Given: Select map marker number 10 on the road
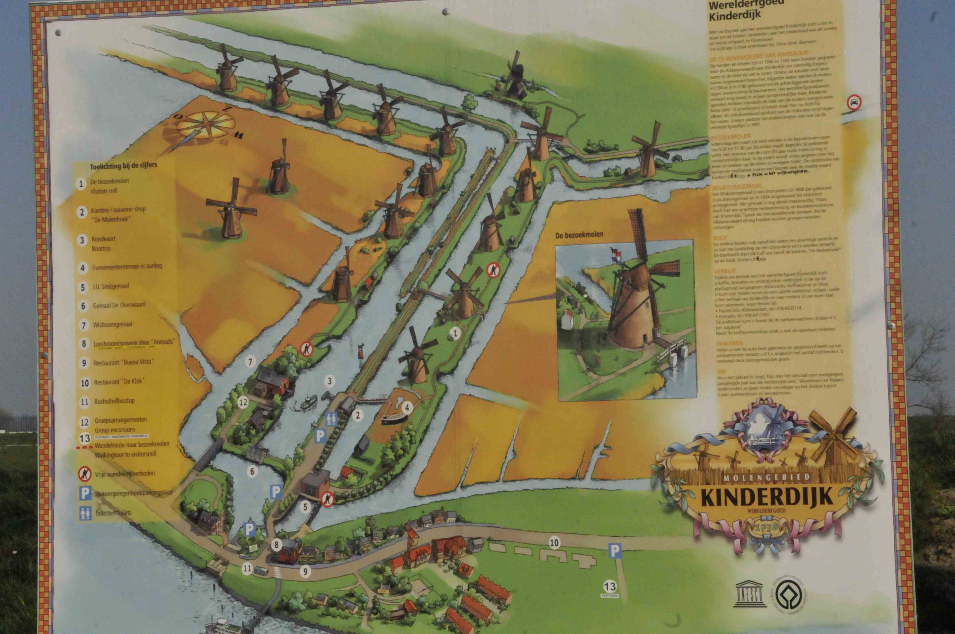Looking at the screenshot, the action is point(554,543).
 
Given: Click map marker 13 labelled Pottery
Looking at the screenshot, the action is point(610,587).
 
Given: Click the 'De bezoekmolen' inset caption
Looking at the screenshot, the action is point(579,234).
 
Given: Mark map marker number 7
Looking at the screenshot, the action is point(250,361).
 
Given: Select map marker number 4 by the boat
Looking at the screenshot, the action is point(407,407).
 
